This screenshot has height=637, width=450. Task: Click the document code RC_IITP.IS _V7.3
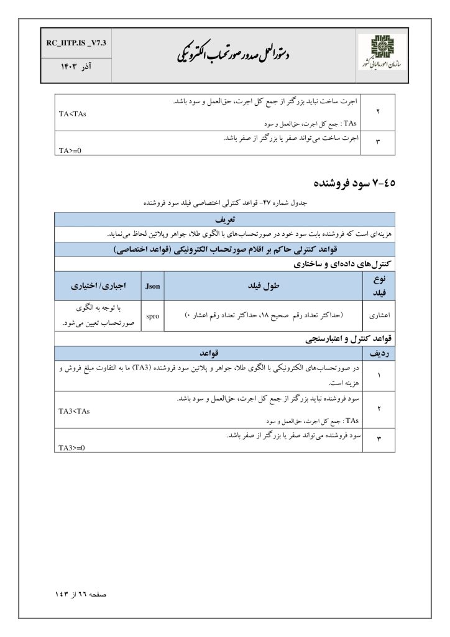[x=76, y=44]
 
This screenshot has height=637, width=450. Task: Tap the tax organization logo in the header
[x=380, y=55]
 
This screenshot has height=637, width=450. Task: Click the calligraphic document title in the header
[x=234, y=53]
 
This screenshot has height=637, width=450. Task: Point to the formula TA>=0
[x=70, y=150]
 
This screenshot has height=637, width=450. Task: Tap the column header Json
[x=153, y=287]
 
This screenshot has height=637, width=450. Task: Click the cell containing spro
[x=153, y=316]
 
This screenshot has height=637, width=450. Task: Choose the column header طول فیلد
[x=264, y=287]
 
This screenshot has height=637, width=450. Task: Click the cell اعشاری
[x=379, y=316]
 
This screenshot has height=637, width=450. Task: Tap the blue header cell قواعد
[x=208, y=353]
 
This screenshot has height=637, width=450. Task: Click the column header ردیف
[x=379, y=353]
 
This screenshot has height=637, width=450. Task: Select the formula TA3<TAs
[x=74, y=411]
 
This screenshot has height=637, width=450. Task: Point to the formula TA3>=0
[x=71, y=447]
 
